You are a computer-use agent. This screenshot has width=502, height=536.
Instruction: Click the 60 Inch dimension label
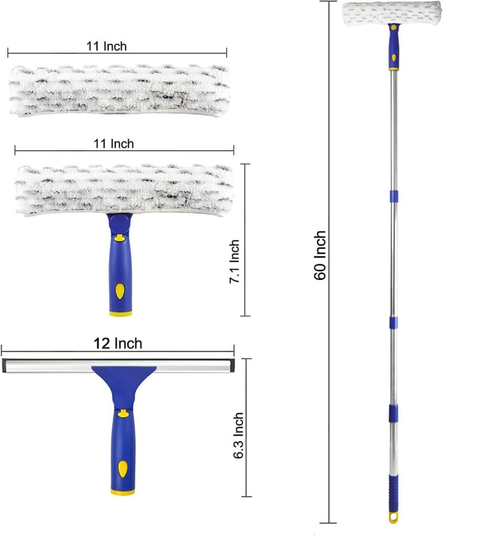click(x=320, y=255)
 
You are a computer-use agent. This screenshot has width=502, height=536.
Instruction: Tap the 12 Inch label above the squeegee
click(x=118, y=343)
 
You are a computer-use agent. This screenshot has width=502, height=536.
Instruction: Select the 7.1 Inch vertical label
click(x=234, y=261)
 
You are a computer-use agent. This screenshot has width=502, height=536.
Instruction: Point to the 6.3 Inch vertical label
click(x=238, y=435)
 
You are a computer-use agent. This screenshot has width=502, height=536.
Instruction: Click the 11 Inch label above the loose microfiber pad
click(x=106, y=46)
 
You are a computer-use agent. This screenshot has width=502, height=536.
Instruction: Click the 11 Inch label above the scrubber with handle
click(x=114, y=143)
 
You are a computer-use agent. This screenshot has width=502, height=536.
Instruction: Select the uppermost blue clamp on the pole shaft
click(x=394, y=197)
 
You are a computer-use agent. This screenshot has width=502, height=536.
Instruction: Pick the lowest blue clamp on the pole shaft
click(x=393, y=414)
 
